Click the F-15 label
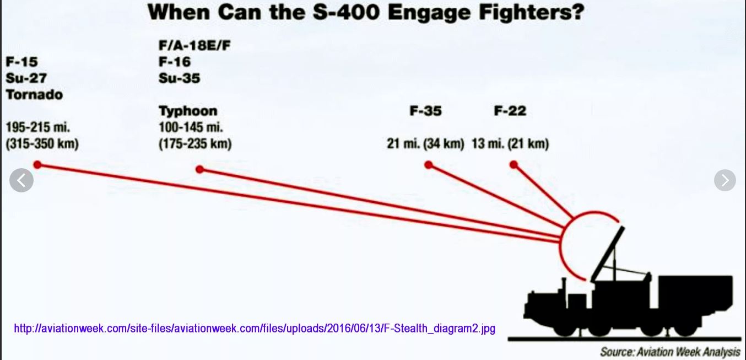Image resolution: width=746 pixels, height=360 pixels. coord(21,62)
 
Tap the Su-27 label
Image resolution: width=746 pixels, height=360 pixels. coord(26,78)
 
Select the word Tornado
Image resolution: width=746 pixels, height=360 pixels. coord(34,95)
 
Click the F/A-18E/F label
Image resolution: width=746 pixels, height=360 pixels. coord(194,45)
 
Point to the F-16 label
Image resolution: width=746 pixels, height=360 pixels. coord(175,62)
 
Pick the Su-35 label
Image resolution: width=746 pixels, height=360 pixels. coord(179,78)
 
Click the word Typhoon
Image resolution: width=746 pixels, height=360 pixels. coord(188,111)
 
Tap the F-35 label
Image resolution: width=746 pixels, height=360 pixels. coord(426,111)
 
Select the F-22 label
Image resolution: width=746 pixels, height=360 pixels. coord(510,111)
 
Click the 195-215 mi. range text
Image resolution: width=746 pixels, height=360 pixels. coord(38,127)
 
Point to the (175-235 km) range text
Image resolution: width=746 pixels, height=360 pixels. coord(195,144)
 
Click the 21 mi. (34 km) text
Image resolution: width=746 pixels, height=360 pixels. coord(425,144)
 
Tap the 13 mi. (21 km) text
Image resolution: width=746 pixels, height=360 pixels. coord(510,144)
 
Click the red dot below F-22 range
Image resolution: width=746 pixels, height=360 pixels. coord(513,165)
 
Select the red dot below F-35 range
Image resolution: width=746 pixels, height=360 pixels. coord(429,165)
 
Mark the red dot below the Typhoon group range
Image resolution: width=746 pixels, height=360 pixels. coord(200,169)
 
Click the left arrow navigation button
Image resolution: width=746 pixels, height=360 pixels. coord(21,180)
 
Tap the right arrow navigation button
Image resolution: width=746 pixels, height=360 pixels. coord(725,180)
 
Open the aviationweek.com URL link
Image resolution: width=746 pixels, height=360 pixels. coord(255,329)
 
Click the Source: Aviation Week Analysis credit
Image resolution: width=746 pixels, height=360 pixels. coord(671,352)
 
